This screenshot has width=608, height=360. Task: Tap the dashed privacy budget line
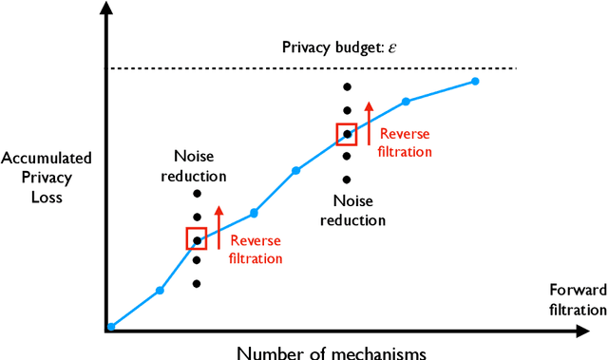(x=237, y=67)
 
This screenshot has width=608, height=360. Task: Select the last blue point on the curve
(x=475, y=82)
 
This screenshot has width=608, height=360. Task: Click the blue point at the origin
(x=111, y=326)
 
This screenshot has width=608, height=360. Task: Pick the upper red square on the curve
(x=347, y=134)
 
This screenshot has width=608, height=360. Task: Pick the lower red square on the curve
(x=197, y=238)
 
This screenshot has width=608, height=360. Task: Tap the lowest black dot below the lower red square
(x=197, y=283)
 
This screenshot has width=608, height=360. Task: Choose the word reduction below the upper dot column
(x=352, y=219)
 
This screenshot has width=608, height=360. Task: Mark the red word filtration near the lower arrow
(x=256, y=257)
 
